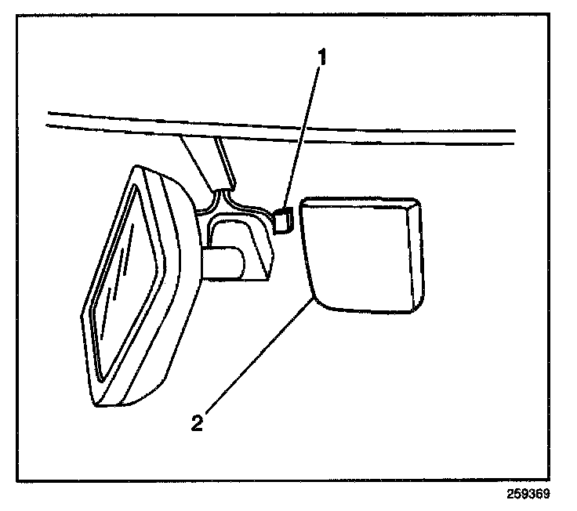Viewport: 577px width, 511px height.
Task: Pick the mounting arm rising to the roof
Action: tap(205, 161)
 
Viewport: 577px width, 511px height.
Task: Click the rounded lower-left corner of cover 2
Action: tap(317, 296)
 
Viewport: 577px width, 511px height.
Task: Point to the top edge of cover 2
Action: tap(357, 199)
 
